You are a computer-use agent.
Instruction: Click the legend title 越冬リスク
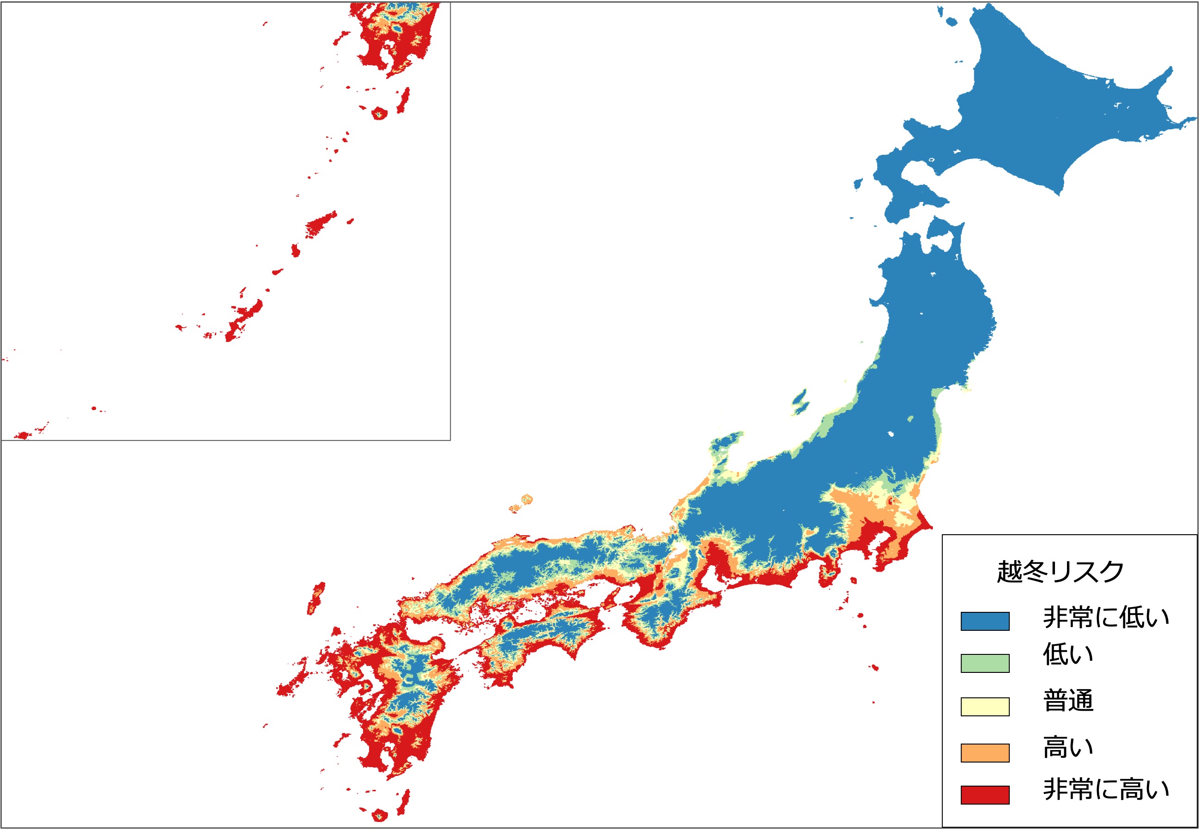1060,572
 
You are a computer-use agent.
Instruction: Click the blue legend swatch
984,621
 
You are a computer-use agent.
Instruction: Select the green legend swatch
984,664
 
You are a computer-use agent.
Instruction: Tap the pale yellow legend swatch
984,707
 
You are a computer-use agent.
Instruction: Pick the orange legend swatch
984,752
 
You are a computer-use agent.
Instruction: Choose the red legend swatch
984,794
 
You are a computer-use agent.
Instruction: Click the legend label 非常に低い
1105,617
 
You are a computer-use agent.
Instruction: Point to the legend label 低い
1068,655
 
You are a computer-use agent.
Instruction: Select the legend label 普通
1068,700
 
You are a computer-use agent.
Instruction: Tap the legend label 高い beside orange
1068,747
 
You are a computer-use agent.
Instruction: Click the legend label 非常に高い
1105,789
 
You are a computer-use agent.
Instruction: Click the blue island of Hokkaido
1039,115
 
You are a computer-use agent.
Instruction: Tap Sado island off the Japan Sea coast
800,401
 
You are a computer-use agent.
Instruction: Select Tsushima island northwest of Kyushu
316,598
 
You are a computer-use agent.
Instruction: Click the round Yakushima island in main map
379,815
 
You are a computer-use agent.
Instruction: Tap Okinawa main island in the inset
244,317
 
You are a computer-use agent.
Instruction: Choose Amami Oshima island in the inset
320,225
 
